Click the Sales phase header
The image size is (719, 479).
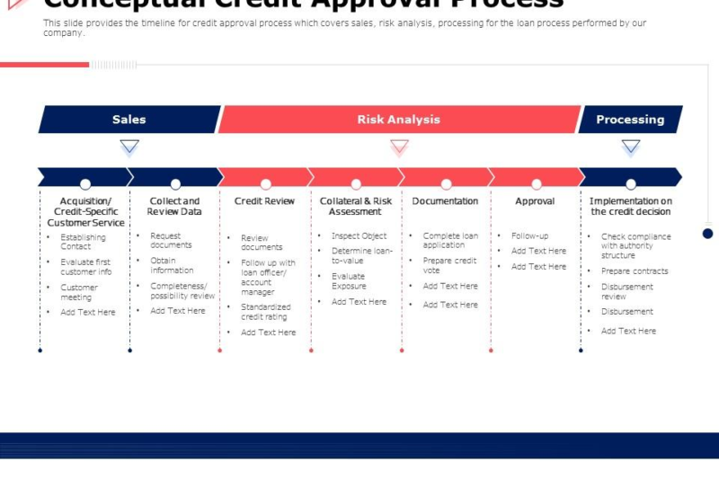tap(129, 120)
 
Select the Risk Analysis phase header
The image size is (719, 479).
tap(398, 120)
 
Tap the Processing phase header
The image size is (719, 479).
tap(630, 120)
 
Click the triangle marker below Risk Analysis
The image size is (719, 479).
tap(399, 146)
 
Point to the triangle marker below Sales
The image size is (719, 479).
tap(129, 146)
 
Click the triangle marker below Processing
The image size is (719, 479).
tap(631, 146)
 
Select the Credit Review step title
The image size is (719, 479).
tap(264, 201)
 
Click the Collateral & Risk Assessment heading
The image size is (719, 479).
tap(356, 207)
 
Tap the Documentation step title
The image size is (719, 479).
tap(445, 201)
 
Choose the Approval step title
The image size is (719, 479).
tap(536, 201)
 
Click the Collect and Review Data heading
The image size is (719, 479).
tap(174, 207)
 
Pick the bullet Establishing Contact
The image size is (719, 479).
tap(83, 242)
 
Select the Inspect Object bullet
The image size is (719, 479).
tap(359, 236)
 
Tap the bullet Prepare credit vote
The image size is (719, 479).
tap(449, 265)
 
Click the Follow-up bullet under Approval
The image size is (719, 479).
tap(529, 236)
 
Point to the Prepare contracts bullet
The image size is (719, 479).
tap(635, 271)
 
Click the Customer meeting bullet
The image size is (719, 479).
tap(79, 292)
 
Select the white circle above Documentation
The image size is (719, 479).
tap(447, 183)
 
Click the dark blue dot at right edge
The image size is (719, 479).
tap(707, 234)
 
